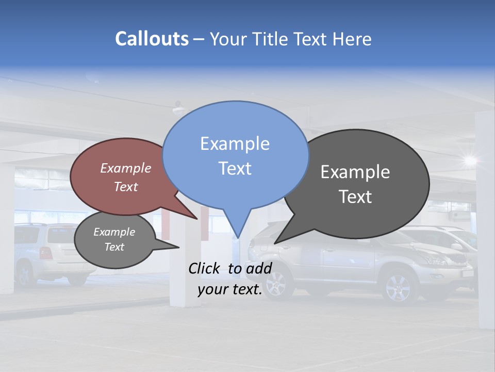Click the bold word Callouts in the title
point(152,39)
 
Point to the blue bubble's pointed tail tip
point(238,238)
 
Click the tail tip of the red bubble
point(197,219)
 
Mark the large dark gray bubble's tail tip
point(274,243)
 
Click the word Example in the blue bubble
point(235,144)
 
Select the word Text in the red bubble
point(126,187)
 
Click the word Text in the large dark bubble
point(355,196)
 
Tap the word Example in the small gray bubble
point(114,232)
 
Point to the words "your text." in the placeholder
point(230,290)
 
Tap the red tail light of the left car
point(46,253)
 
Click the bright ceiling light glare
point(470,160)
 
